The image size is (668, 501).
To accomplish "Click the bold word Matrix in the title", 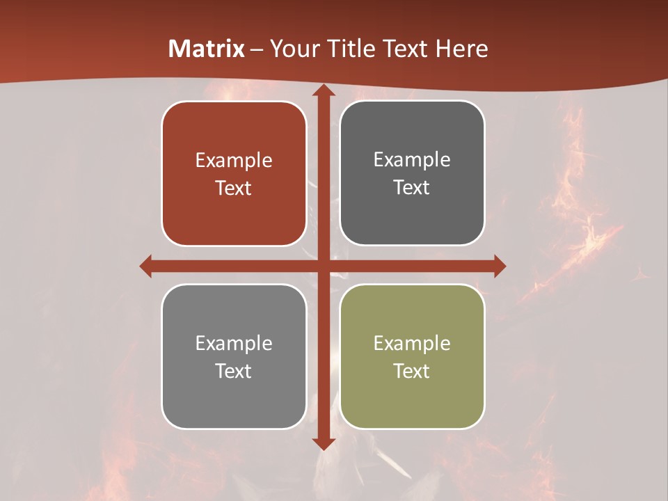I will click(x=207, y=49).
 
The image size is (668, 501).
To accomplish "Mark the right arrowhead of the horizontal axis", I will click(x=499, y=266).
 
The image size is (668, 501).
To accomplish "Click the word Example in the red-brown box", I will click(x=234, y=161).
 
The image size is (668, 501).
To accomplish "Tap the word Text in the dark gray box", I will click(x=412, y=188).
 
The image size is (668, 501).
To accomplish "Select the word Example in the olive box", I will click(x=412, y=343).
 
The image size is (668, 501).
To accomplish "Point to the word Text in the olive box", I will click(x=412, y=371).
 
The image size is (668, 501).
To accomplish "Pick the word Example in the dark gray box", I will click(x=412, y=160).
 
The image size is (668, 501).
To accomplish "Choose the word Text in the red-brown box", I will click(x=234, y=189).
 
